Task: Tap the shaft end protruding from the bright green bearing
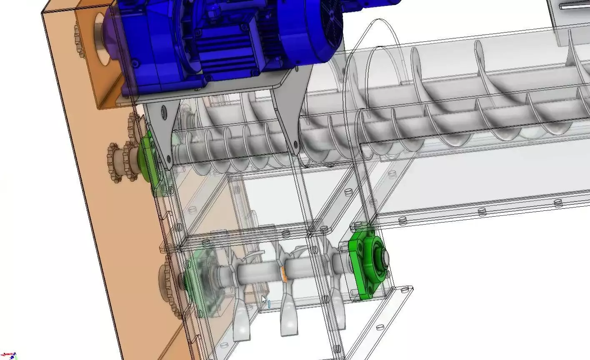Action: (x=382, y=256)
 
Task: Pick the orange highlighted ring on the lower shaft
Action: (x=284, y=274)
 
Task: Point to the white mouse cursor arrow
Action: (x=263, y=300)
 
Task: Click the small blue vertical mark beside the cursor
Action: (x=269, y=305)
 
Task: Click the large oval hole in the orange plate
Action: (x=102, y=39)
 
